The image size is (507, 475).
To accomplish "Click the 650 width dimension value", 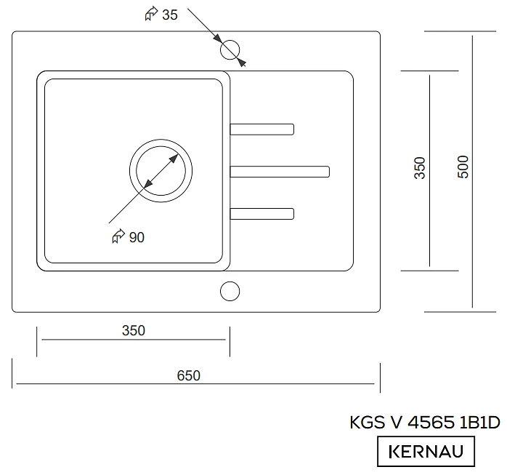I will tap(188, 375).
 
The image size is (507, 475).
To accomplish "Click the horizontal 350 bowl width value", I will tap(134, 330).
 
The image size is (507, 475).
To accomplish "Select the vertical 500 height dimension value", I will tap(463, 167).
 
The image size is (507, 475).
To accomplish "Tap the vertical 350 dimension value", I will tap(420, 167).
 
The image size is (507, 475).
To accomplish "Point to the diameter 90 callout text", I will tap(136, 237).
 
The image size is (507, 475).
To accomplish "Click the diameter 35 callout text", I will tap(169, 15).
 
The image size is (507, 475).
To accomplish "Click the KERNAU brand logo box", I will tap(426, 451).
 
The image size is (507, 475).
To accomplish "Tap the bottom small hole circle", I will tap(230, 291).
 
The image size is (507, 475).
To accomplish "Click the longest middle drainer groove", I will tap(280, 172).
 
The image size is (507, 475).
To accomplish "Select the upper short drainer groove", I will tap(261, 129).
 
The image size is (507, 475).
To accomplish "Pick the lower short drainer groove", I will tap(261, 213).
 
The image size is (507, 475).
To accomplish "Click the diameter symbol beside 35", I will tap(151, 15).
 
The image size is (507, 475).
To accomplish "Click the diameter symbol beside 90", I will tap(118, 236).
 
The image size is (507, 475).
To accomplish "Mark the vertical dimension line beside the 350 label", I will tap(430, 218).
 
